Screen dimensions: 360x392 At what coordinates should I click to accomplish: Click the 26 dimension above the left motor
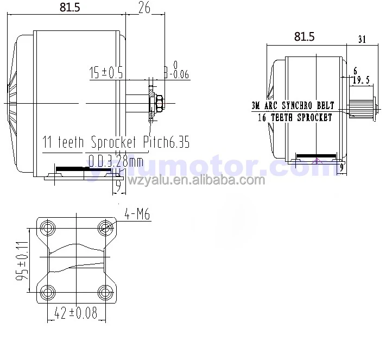[x=144, y=7]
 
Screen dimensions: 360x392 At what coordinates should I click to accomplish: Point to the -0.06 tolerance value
[x=178, y=75]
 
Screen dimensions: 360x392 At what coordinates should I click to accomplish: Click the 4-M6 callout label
[x=137, y=216]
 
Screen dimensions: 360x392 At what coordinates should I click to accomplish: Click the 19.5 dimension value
[x=362, y=80]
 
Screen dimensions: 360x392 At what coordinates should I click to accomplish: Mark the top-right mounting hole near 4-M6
[x=105, y=227]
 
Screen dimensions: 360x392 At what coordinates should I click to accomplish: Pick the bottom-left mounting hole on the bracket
[x=47, y=293]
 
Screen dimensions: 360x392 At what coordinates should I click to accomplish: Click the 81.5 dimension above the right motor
[x=304, y=36]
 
